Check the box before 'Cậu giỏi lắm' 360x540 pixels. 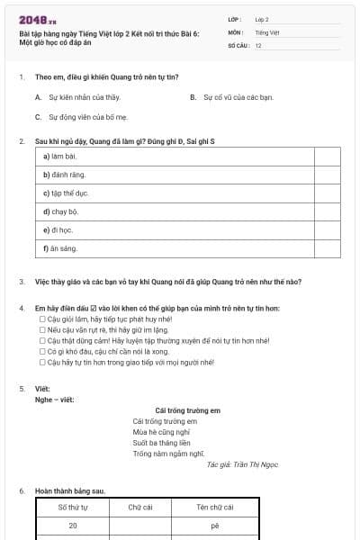pyautogui.click(x=41, y=319)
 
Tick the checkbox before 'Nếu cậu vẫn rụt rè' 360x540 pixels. pyautogui.click(x=41, y=330)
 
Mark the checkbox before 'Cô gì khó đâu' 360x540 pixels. pyautogui.click(x=41, y=352)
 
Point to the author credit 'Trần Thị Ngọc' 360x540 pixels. pyautogui.click(x=242, y=464)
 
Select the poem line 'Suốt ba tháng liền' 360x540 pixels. pyautogui.click(x=161, y=443)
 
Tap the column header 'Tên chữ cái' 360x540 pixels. pyautogui.click(x=215, y=508)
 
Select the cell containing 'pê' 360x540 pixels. pyautogui.click(x=215, y=525)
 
